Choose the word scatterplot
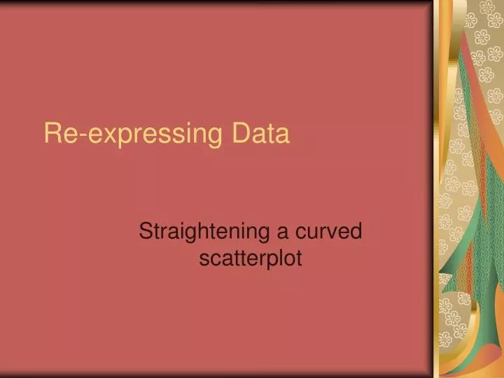251,258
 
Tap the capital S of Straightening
146,230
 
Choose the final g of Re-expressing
212,136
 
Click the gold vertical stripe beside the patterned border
442,189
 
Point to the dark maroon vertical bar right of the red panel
431,189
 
